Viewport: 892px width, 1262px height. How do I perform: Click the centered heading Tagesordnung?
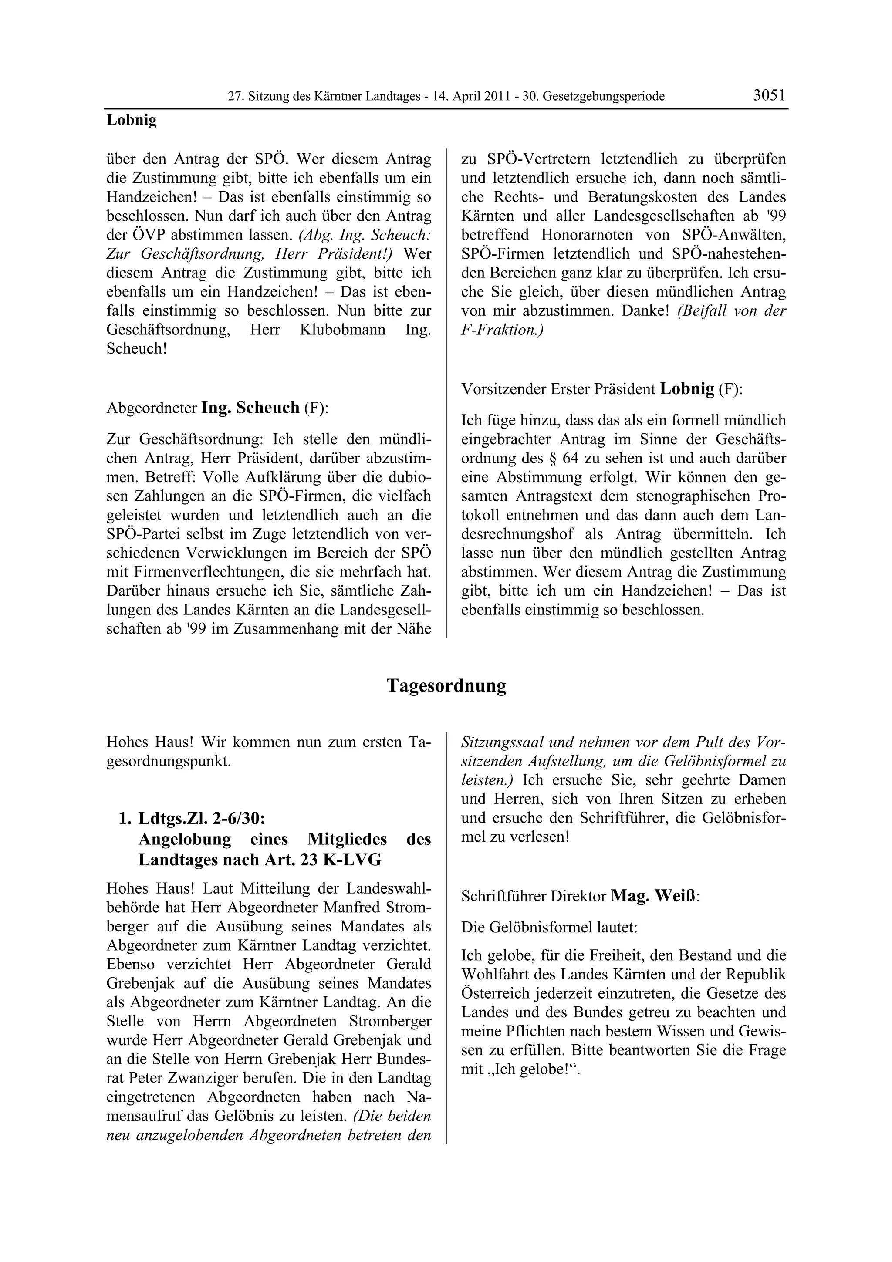[446, 685]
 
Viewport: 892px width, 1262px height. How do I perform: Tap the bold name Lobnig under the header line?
[132, 120]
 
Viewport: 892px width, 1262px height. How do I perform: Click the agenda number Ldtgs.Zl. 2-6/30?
[202, 818]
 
